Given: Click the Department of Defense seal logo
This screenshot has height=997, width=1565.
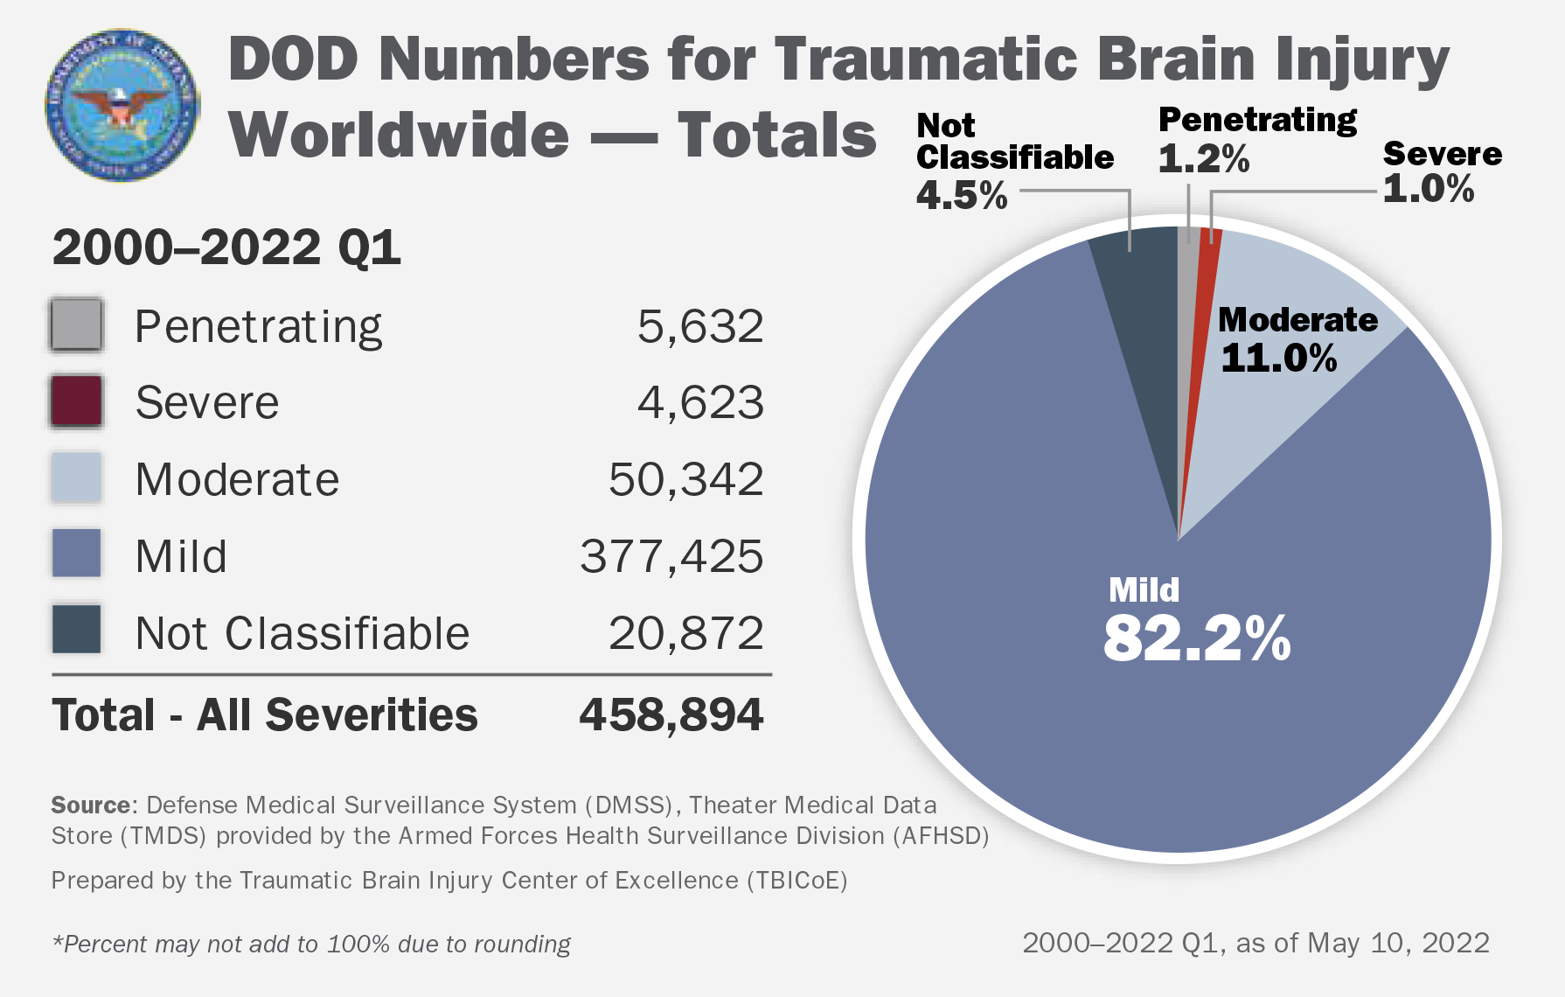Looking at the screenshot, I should (x=122, y=105).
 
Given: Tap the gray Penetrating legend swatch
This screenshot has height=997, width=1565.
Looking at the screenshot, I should (x=77, y=325).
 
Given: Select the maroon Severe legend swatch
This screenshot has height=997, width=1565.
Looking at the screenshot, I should (x=77, y=401).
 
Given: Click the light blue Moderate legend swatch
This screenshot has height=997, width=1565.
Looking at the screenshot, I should (x=77, y=478).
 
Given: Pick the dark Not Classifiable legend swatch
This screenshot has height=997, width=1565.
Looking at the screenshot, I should (x=77, y=631).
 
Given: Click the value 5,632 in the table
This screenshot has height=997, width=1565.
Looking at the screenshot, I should (x=700, y=327).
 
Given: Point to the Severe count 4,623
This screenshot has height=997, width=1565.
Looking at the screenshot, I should (x=700, y=403).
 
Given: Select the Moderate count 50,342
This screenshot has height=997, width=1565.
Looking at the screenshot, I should (x=686, y=480).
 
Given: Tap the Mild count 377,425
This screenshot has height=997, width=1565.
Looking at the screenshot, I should (x=671, y=557).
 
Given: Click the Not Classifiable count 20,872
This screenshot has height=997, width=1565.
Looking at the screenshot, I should (x=686, y=633).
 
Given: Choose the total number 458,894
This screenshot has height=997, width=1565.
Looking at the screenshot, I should (x=671, y=715).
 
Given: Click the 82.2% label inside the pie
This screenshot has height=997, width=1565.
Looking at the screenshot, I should (x=1196, y=638).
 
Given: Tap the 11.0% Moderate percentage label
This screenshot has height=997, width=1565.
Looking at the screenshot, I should (x=1278, y=359).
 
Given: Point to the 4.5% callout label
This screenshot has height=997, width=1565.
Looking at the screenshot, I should (x=962, y=195).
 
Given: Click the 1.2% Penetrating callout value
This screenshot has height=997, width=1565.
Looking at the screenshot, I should (x=1203, y=159).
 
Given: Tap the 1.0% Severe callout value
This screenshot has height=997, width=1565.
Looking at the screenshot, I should (x=1428, y=189).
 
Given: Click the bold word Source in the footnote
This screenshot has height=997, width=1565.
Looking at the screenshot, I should (x=91, y=805).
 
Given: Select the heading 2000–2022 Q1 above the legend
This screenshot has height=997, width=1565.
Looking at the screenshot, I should (x=226, y=248).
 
